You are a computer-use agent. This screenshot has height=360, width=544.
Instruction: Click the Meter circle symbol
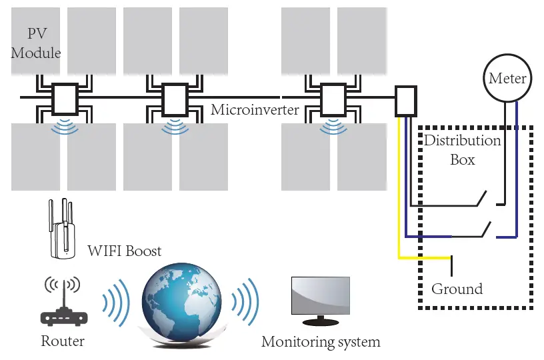[507, 78]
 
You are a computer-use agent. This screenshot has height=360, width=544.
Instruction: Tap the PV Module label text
[35, 43]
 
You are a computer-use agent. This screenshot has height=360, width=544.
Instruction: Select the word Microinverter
[255, 110]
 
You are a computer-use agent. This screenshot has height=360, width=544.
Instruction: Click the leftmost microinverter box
[65, 98]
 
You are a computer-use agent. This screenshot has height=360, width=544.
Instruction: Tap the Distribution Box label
[462, 150]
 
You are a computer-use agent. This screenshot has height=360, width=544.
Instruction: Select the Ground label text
[457, 289]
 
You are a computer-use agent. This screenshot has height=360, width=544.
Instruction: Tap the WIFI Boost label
[125, 251]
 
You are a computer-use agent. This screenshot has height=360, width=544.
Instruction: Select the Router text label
[63, 341]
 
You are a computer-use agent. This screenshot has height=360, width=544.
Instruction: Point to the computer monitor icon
[321, 301]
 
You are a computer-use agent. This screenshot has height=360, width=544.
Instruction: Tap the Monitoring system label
[320, 342]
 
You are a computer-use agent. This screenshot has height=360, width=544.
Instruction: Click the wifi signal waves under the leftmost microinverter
[65, 126]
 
